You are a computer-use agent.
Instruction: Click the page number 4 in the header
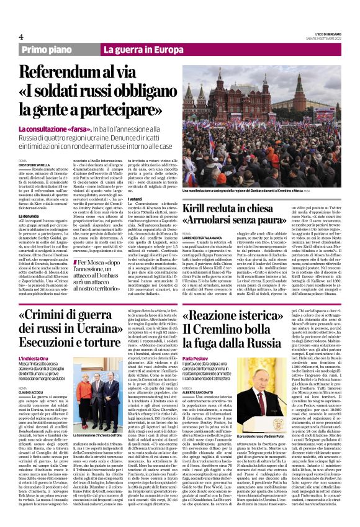pos(21,36)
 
